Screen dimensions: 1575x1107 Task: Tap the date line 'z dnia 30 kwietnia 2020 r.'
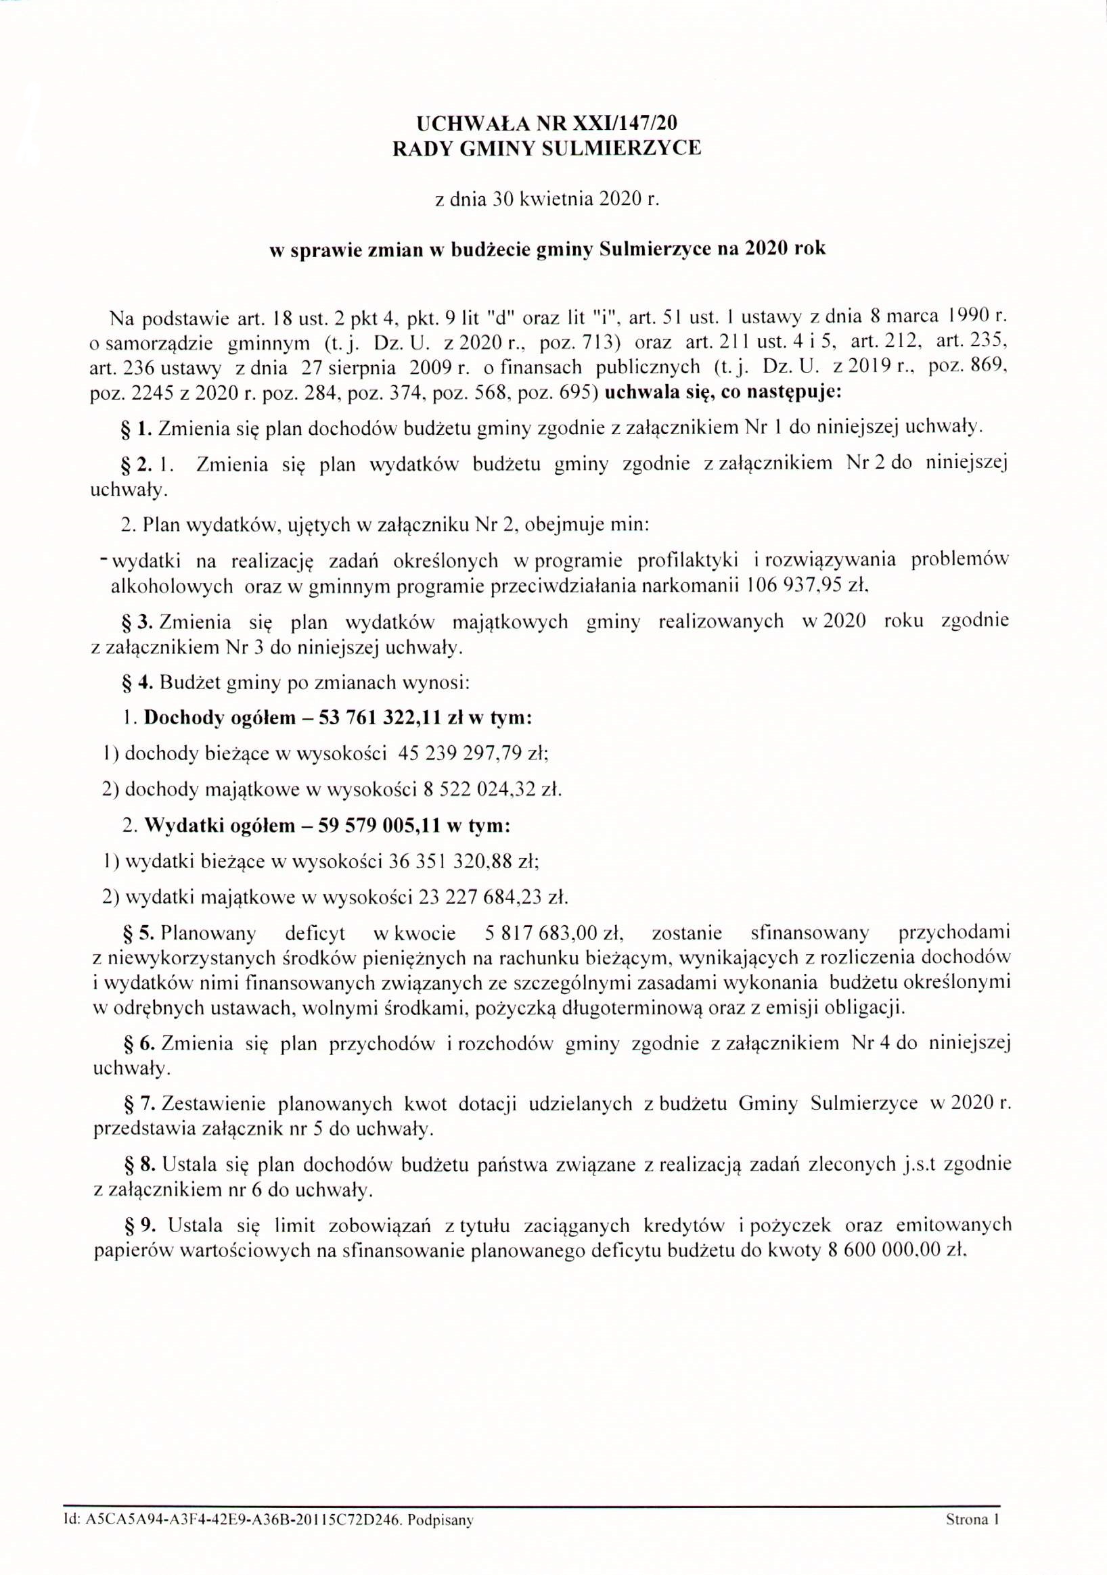point(546,199)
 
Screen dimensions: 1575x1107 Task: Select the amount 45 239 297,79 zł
point(473,754)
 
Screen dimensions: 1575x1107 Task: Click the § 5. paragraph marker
point(137,934)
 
